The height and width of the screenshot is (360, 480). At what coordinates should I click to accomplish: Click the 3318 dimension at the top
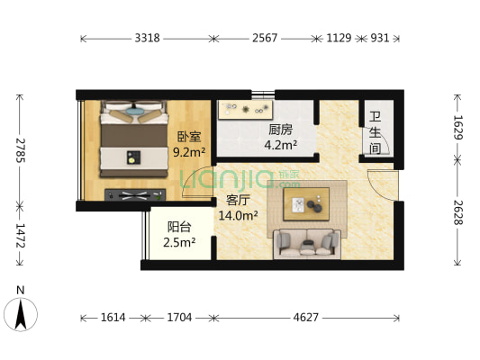[x=148, y=38]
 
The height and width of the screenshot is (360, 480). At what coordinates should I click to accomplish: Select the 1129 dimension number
[x=338, y=38]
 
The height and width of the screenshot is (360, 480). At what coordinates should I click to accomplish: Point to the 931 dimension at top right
[x=379, y=38]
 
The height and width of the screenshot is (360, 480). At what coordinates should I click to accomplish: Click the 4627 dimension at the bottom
[x=306, y=318]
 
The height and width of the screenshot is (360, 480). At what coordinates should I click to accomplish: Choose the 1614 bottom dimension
[x=113, y=318]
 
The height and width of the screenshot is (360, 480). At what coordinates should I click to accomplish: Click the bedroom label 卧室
[x=189, y=137]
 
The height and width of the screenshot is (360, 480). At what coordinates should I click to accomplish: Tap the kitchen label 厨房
[x=279, y=129]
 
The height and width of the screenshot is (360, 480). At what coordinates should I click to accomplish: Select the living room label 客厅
[x=238, y=200]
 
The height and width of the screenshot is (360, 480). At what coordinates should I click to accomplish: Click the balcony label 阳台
[x=178, y=227]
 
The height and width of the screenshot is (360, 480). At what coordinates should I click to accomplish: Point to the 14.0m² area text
[x=239, y=215]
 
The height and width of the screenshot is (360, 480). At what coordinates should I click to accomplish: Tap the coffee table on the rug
[x=306, y=203]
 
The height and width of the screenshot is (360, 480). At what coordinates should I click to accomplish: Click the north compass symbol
[x=21, y=312]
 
